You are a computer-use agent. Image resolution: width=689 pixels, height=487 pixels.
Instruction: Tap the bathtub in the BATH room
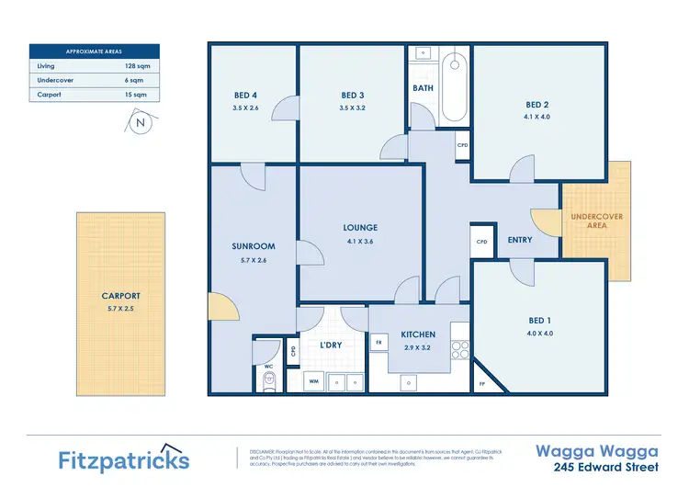pos(454,90)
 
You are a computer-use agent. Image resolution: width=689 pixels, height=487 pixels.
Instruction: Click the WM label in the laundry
pos(313,380)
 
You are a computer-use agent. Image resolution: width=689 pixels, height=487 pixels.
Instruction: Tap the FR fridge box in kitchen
pos(378,342)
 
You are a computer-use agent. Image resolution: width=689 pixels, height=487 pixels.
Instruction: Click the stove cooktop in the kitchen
pos(459,349)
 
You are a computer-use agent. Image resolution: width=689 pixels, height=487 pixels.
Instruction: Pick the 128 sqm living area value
pos(137,66)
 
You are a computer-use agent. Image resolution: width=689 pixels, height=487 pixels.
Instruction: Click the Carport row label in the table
pos(50,94)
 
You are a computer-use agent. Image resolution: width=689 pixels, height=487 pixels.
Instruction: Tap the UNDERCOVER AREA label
pos(595,221)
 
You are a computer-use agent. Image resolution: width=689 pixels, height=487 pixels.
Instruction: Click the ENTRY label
pos(520,240)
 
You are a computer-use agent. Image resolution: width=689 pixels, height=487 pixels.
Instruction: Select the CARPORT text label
pos(121,296)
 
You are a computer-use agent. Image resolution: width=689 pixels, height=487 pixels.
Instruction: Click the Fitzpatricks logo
pos(124,459)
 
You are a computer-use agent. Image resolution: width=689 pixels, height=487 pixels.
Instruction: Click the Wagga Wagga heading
pos(596,450)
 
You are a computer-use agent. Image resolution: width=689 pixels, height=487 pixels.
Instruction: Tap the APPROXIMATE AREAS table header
pos(94,51)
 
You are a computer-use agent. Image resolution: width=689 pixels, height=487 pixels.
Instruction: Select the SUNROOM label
pos(254,246)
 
